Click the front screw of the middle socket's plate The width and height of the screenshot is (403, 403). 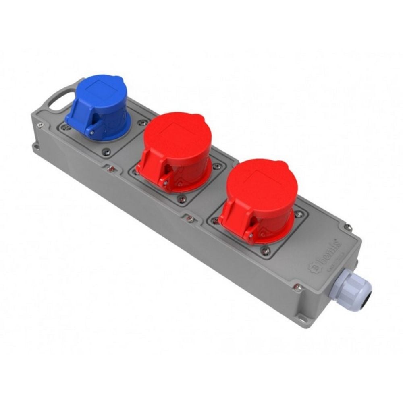coord(182,199)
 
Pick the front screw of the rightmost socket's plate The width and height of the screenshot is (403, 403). coord(264,251)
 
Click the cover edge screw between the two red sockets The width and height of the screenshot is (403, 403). coord(190,218)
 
